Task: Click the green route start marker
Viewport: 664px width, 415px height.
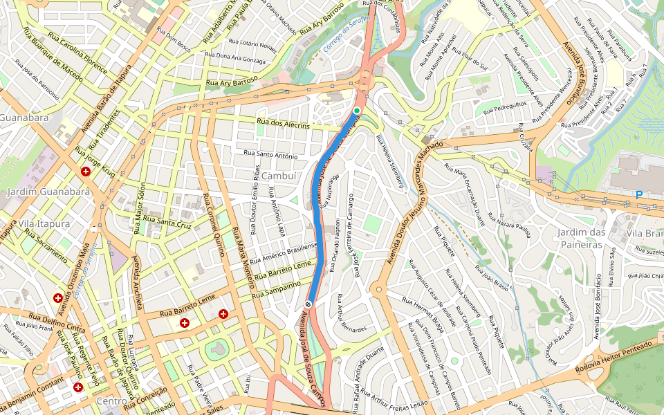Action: (357, 111)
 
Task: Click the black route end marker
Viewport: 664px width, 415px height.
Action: (308, 304)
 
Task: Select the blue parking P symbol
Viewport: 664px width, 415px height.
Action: (638, 196)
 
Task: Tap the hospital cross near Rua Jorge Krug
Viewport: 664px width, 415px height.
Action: (86, 171)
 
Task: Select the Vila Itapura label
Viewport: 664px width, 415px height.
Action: (44, 224)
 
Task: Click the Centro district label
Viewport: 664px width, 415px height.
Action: (112, 401)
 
